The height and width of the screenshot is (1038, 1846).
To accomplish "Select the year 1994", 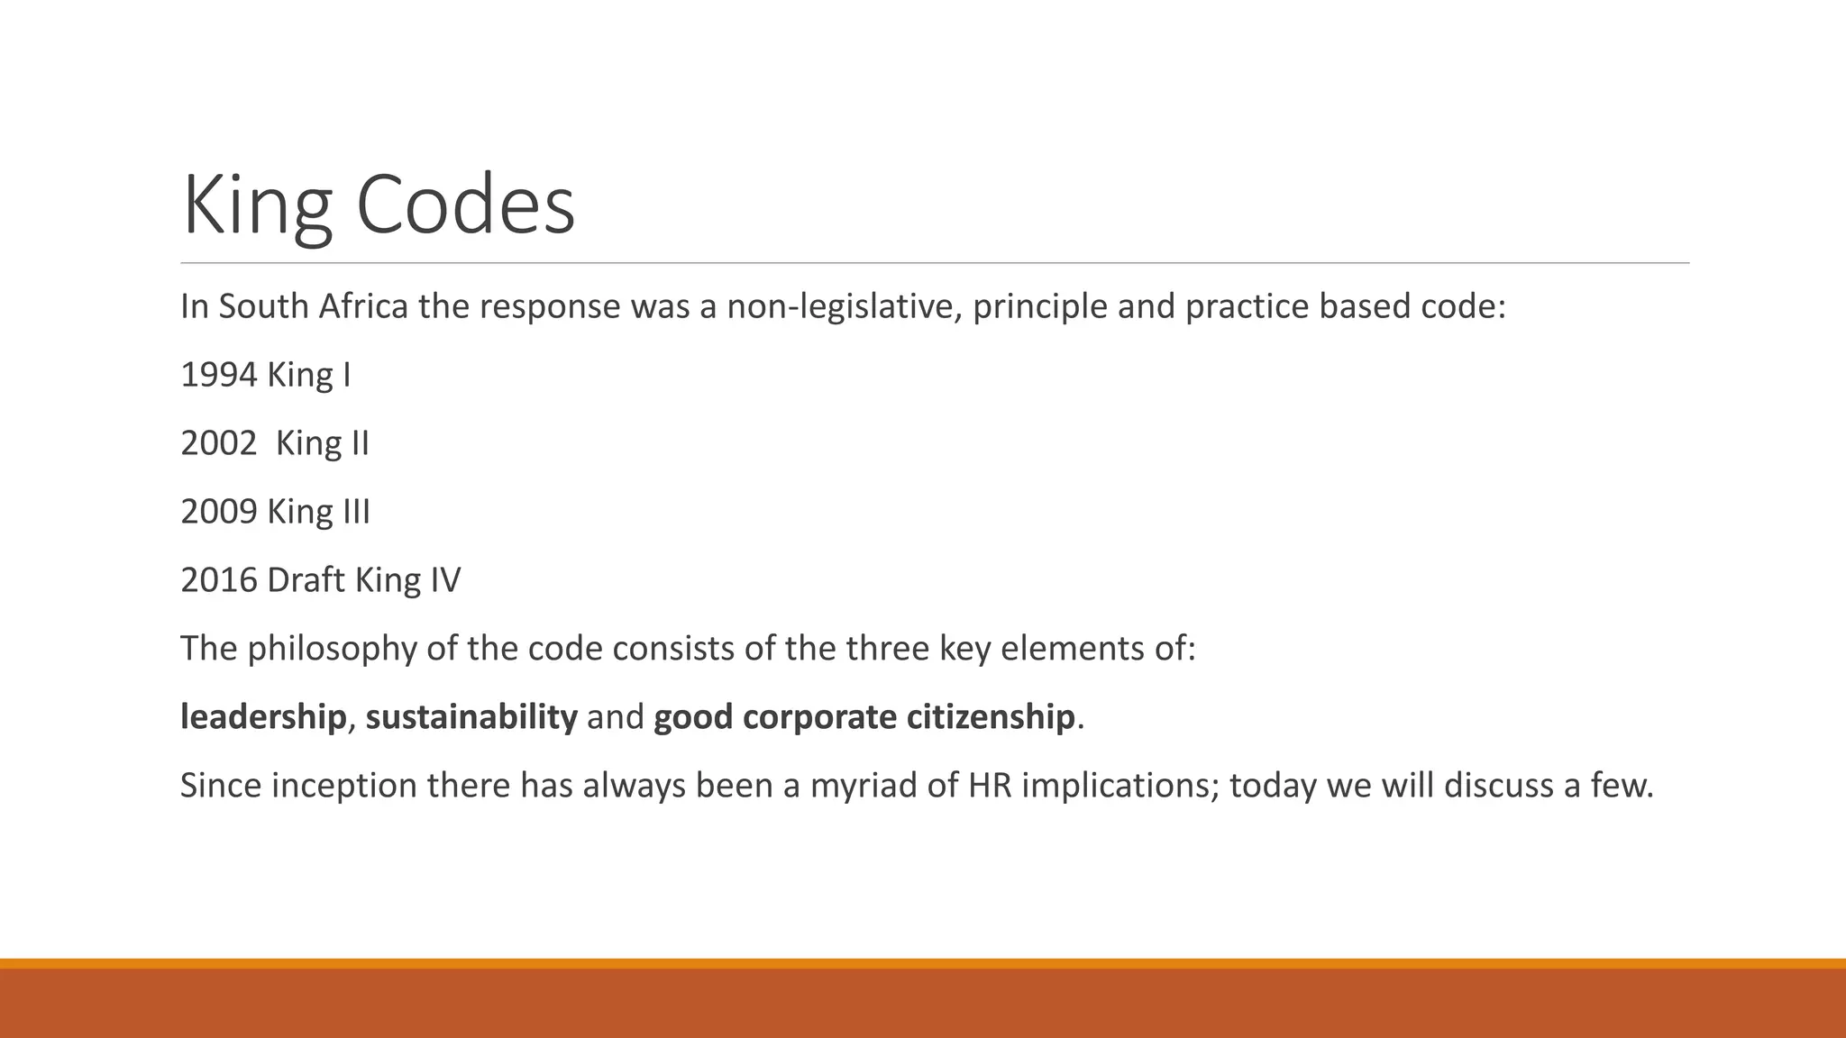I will (x=219, y=375).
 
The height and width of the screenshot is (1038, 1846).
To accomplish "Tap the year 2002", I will (x=219, y=443).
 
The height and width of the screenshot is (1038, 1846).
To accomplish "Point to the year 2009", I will (x=219, y=512).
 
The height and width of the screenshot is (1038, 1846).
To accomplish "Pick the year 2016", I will (x=219, y=580).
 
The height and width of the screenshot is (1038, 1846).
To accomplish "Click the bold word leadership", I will (x=263, y=717).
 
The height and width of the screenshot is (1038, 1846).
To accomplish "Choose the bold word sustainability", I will (x=471, y=717).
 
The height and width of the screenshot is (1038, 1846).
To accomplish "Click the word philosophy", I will (x=333, y=649).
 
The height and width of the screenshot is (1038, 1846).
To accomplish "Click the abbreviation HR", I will (x=990, y=786).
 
